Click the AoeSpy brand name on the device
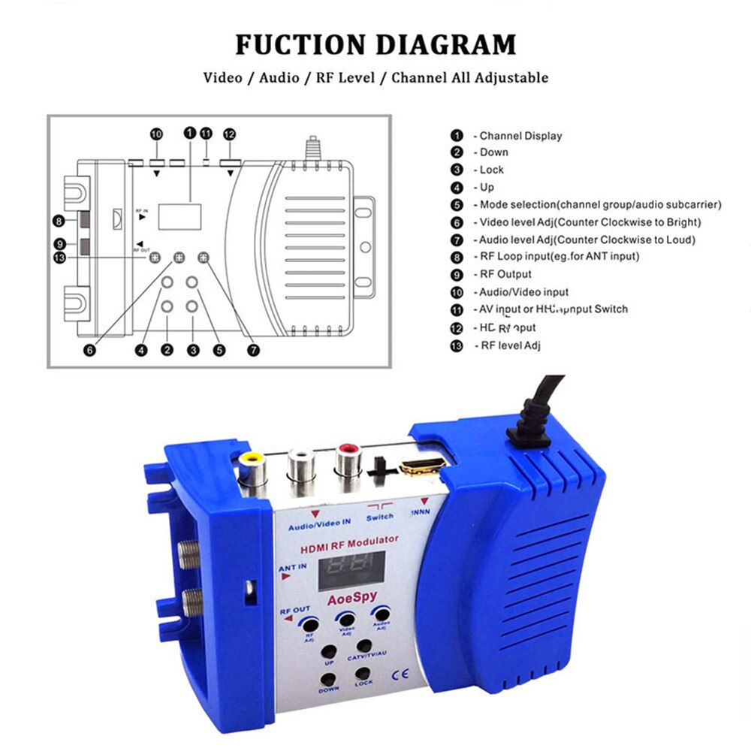pyautogui.click(x=351, y=599)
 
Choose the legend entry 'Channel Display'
pyautogui.click(x=520, y=136)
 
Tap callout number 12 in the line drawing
pyautogui.click(x=230, y=134)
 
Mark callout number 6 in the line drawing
pyautogui.click(x=90, y=350)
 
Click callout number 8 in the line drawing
pyautogui.click(x=58, y=221)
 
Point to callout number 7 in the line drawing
pyautogui.click(x=254, y=350)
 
